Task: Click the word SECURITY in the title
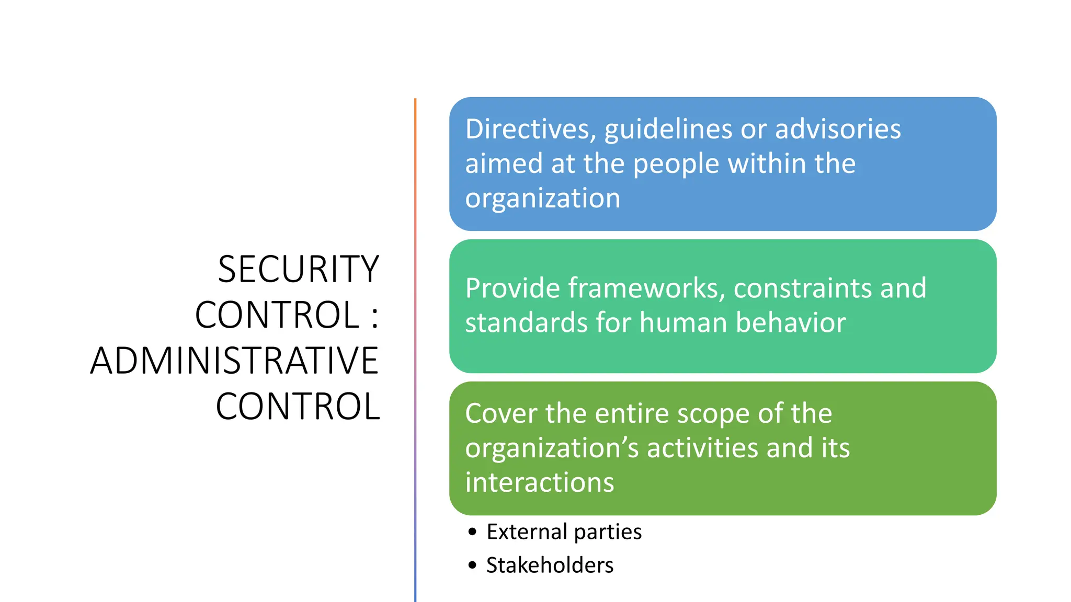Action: [x=298, y=269]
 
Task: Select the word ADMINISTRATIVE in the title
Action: [x=234, y=361]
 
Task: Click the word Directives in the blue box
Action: [x=530, y=129]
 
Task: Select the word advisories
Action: [x=838, y=129]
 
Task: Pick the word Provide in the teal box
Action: [x=512, y=288]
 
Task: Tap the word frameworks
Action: [x=646, y=288]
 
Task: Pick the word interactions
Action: [x=539, y=482]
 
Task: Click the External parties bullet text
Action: [x=564, y=532]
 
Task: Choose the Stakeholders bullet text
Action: [x=550, y=565]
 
